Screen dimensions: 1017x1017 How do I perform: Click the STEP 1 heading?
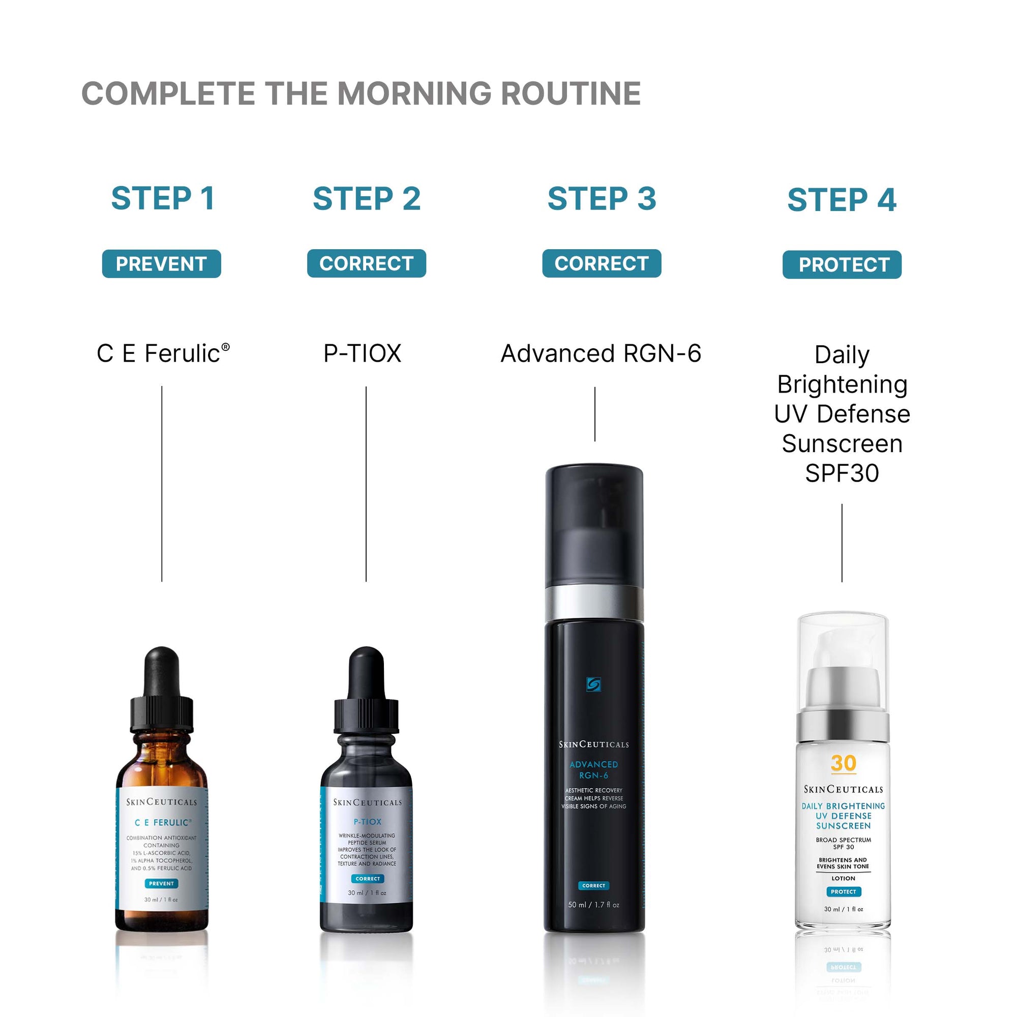(x=163, y=198)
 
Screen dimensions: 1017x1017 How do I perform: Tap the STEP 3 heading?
(x=602, y=198)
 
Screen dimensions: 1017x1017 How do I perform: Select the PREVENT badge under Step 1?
(x=161, y=264)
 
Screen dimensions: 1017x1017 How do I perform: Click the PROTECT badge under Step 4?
(x=842, y=264)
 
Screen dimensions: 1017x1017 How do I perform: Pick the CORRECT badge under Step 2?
(x=366, y=263)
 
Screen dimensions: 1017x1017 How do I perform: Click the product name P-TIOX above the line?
(x=362, y=353)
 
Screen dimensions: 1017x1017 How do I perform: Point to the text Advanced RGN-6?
(x=601, y=353)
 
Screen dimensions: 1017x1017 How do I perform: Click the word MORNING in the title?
(x=414, y=94)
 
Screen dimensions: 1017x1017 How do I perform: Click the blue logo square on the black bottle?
(x=593, y=684)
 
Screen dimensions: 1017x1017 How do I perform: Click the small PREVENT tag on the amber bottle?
(x=161, y=883)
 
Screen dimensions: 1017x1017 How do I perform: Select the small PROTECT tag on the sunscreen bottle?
(x=843, y=892)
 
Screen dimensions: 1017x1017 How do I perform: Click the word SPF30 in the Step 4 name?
(x=842, y=473)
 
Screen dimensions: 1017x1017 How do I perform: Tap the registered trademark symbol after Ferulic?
(x=225, y=347)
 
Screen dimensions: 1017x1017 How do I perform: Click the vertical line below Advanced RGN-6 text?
(x=595, y=414)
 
